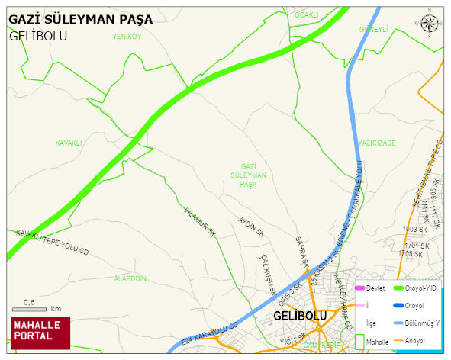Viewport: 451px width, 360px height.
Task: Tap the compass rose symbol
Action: coord(430,24)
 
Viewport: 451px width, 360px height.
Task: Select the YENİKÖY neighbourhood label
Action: coord(127,36)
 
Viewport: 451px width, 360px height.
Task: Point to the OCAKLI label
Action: coord(306,14)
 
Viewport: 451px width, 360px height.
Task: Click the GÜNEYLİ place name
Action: coord(374,29)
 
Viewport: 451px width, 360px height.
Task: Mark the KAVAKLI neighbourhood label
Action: coord(69,143)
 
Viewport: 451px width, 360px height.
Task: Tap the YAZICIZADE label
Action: coord(377,143)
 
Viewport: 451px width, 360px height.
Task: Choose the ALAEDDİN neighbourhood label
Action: coord(130,278)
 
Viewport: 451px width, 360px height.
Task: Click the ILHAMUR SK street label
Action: coord(201,221)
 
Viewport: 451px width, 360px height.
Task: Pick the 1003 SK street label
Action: coord(415,229)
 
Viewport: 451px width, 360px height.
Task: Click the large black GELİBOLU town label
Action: coord(299,315)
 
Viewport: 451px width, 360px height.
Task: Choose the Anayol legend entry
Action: coord(413,340)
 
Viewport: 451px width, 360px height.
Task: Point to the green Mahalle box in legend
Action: coord(360,342)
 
